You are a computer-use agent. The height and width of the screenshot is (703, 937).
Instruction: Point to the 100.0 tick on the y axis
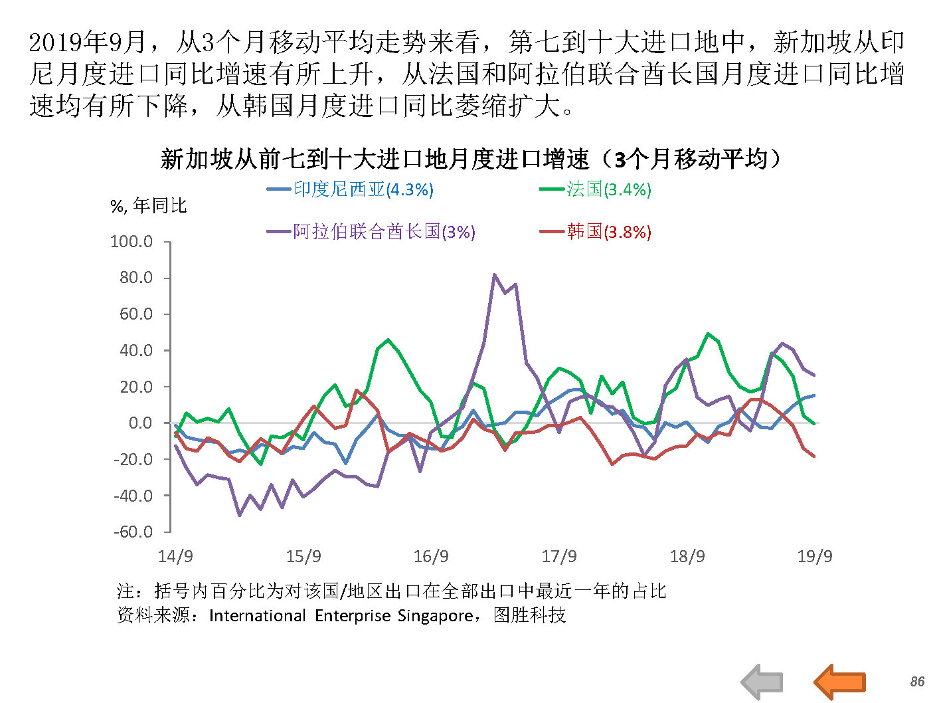[131, 241]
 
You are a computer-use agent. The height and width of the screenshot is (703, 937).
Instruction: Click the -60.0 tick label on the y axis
[133, 532]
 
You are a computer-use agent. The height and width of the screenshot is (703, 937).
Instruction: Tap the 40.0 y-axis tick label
[136, 350]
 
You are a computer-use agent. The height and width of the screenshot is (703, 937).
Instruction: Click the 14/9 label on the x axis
[175, 556]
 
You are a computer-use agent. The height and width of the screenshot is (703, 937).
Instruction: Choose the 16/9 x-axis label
[431, 556]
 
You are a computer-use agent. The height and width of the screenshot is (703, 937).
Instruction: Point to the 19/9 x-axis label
[814, 556]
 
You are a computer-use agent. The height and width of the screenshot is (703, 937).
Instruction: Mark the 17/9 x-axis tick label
[559, 556]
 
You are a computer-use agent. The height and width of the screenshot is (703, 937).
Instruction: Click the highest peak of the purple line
[494, 274]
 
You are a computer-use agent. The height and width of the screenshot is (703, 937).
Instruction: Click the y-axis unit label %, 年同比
[149, 206]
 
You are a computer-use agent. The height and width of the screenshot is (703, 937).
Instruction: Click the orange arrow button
[840, 682]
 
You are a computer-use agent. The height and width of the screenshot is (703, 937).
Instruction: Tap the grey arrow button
[762, 682]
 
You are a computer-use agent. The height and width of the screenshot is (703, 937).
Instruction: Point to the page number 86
[917, 682]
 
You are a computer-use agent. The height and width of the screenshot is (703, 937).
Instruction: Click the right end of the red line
[814, 456]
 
